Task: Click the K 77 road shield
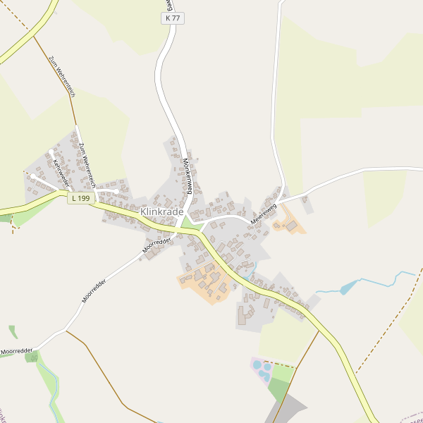(x=172, y=18)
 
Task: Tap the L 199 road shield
(x=81, y=199)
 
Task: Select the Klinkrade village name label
(x=162, y=211)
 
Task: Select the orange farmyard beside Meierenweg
(x=289, y=225)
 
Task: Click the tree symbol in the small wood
(x=32, y=358)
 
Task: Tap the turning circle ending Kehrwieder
(x=33, y=176)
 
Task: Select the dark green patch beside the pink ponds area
(x=280, y=388)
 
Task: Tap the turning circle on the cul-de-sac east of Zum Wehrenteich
(x=115, y=191)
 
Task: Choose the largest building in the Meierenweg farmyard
(x=292, y=226)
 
